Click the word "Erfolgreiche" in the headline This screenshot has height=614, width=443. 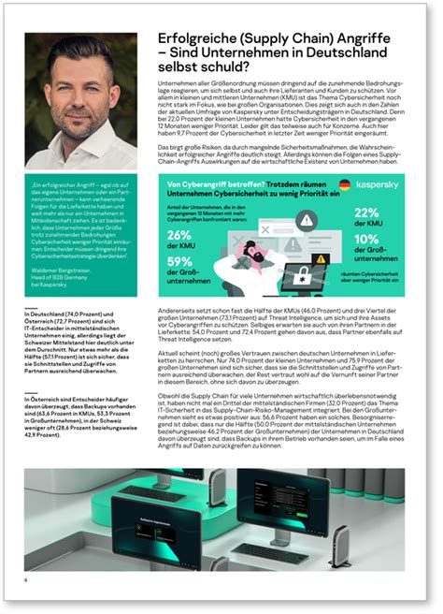coord(193,38)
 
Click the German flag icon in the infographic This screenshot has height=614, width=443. coord(345,186)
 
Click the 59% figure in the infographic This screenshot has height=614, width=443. coord(180,262)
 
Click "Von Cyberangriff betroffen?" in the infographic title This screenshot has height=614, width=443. coord(207,186)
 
